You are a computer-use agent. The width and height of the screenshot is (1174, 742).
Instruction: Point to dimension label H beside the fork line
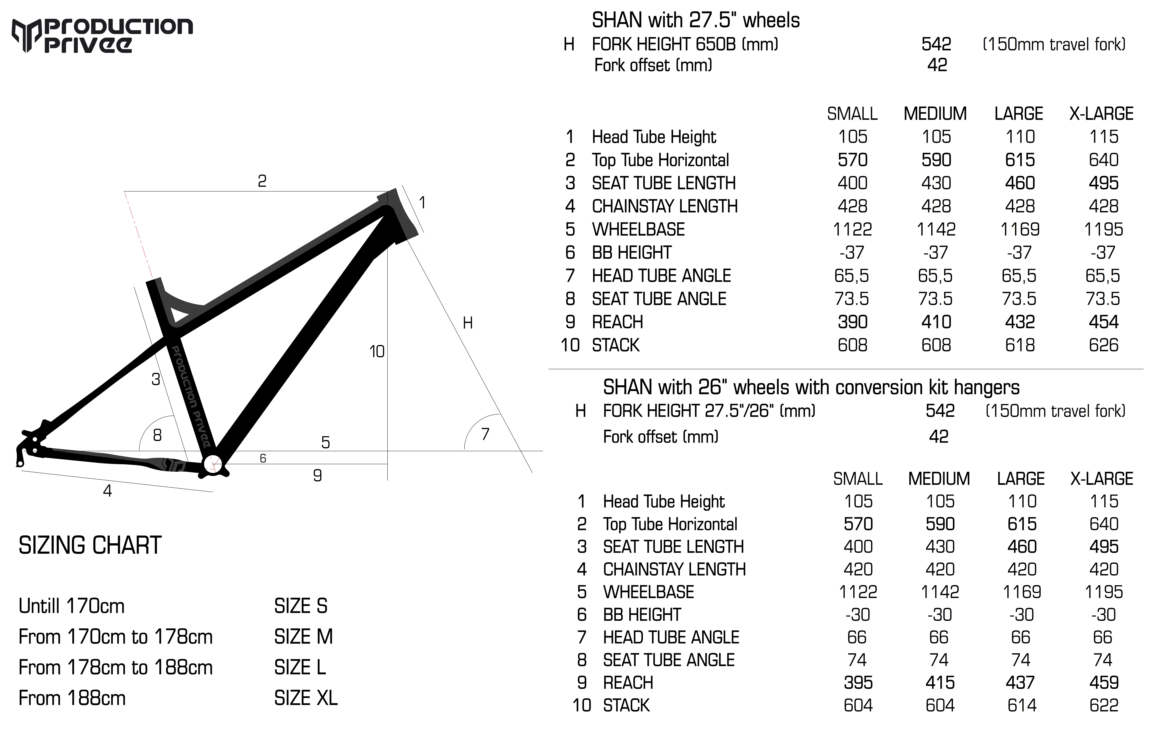[468, 323]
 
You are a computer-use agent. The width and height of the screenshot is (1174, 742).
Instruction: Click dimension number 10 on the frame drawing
[377, 352]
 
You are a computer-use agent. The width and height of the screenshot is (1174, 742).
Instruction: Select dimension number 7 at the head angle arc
[485, 434]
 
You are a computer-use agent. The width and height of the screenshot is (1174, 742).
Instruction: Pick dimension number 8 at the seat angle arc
[157, 435]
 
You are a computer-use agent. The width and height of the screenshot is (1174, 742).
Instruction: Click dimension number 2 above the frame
[262, 181]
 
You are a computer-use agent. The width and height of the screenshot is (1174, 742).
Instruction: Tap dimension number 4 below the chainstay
[107, 490]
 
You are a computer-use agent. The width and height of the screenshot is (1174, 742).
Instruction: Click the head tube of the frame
[397, 217]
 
